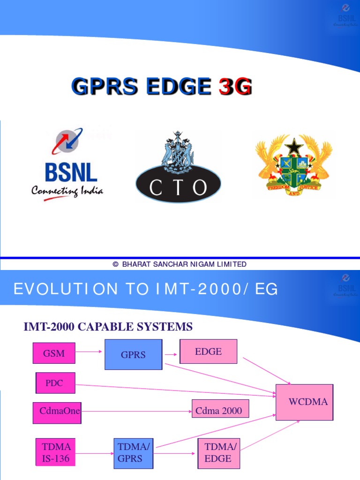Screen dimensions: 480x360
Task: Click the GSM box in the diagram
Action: (x=54, y=353)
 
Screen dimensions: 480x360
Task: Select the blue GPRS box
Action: (x=133, y=354)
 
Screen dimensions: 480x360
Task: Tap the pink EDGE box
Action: (x=208, y=352)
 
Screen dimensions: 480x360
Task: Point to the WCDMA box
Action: (x=304, y=402)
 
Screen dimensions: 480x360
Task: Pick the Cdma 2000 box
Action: (x=220, y=411)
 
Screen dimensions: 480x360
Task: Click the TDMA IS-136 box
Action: (x=56, y=452)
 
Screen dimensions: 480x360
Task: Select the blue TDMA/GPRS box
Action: (x=133, y=453)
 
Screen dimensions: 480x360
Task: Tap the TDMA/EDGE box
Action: (x=218, y=453)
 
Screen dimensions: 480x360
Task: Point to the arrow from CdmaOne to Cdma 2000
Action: (x=136, y=412)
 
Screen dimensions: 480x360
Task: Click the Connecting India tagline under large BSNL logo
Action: (x=67, y=191)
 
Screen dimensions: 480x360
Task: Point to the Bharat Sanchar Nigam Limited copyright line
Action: (x=180, y=264)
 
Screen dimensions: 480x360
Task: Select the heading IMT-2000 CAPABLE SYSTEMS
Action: (x=108, y=326)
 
